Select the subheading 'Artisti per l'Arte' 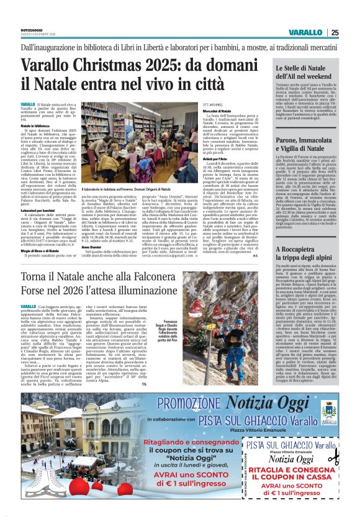click(215, 160)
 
